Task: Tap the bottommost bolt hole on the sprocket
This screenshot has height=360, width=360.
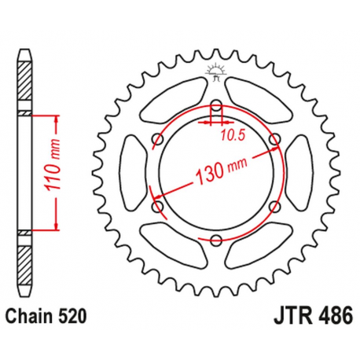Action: pyautogui.click(x=216, y=241)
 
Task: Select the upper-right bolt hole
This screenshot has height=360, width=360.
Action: pyautogui.click(x=274, y=140)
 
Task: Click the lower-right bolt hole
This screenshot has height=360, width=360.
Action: pyautogui.click(x=274, y=208)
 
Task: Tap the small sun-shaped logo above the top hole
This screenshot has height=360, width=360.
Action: pyautogui.click(x=216, y=76)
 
